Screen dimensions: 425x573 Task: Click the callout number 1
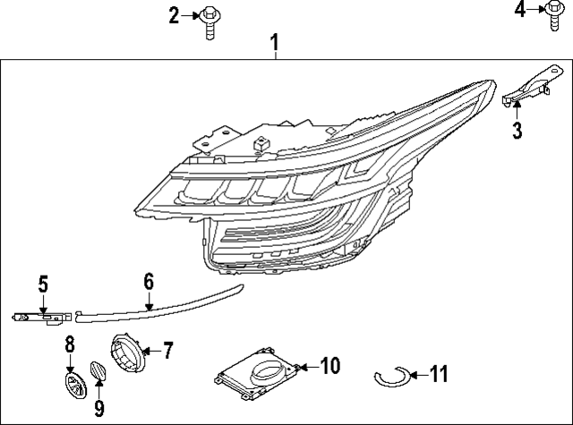click(276, 42)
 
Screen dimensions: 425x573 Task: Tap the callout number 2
click(174, 14)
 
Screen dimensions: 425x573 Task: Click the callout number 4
click(521, 10)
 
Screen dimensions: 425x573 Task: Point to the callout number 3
click(517, 132)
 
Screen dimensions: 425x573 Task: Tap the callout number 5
click(41, 285)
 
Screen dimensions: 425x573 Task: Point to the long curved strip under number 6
click(161, 303)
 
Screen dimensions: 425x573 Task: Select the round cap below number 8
click(72, 385)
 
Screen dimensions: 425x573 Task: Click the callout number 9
click(99, 409)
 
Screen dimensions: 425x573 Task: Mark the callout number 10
click(329, 365)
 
